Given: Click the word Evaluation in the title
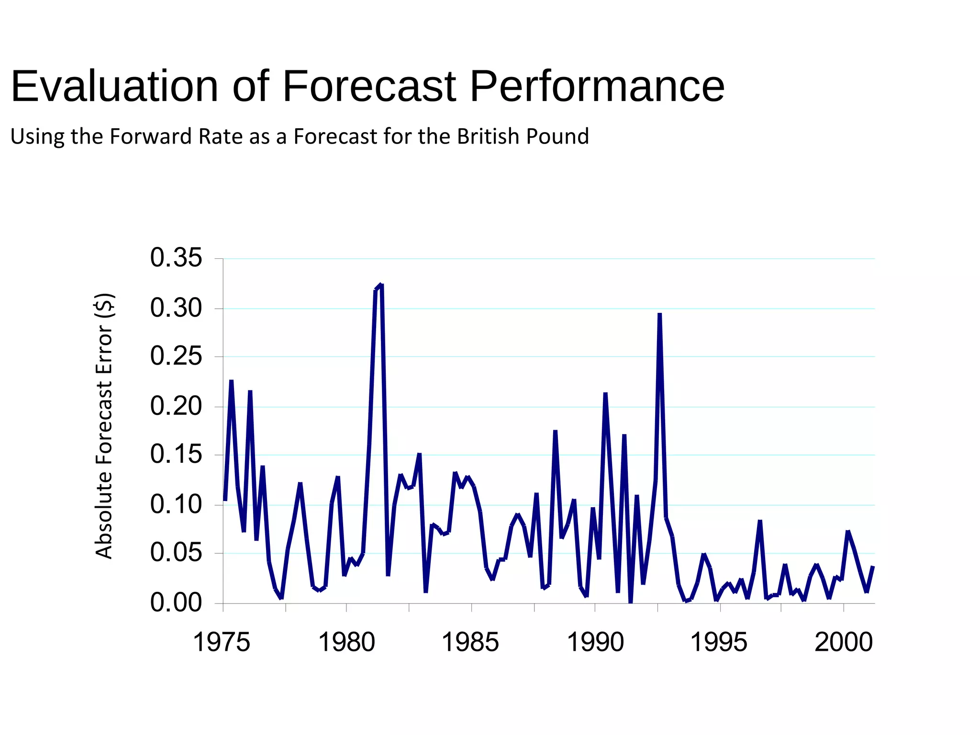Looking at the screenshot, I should [x=114, y=87].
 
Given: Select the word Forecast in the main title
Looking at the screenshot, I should [x=369, y=87].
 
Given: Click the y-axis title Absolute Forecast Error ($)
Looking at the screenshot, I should [x=104, y=426].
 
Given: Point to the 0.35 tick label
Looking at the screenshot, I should [x=176, y=258].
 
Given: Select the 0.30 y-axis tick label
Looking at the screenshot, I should [x=176, y=308].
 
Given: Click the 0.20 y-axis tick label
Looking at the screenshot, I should [x=176, y=406].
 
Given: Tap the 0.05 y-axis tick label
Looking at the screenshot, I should [x=176, y=553].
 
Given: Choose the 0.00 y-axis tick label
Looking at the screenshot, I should [x=176, y=602].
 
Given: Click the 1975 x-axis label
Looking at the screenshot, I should [x=221, y=642].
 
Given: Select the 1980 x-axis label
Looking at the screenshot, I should [x=346, y=642].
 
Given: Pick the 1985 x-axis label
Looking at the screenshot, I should [x=470, y=642].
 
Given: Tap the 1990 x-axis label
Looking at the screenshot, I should [x=595, y=642].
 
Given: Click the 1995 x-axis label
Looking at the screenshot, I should [x=718, y=642].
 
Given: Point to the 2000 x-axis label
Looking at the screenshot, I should [x=844, y=642].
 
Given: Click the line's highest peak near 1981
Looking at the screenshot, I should [x=381, y=286].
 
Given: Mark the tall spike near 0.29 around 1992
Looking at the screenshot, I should [x=659, y=314].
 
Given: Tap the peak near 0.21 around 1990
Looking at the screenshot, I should [x=605, y=394].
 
